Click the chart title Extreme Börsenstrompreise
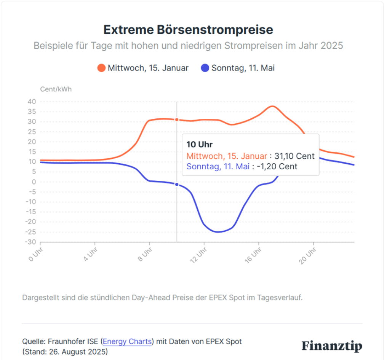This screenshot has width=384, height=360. (188, 29)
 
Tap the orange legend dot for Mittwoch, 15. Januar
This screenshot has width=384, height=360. (101, 68)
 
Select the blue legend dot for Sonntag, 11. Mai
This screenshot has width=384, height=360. (205, 68)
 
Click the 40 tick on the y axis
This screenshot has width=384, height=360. (32, 102)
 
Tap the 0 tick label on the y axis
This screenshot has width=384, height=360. (34, 182)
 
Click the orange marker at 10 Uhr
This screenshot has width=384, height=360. (177, 119)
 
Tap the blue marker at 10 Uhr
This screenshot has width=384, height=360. (177, 184)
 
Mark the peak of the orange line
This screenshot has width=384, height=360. (272, 106)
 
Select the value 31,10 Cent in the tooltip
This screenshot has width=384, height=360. (300, 156)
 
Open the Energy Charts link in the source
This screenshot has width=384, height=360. (127, 341)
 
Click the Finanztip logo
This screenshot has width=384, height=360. (332, 346)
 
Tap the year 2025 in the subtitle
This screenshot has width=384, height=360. (331, 46)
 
